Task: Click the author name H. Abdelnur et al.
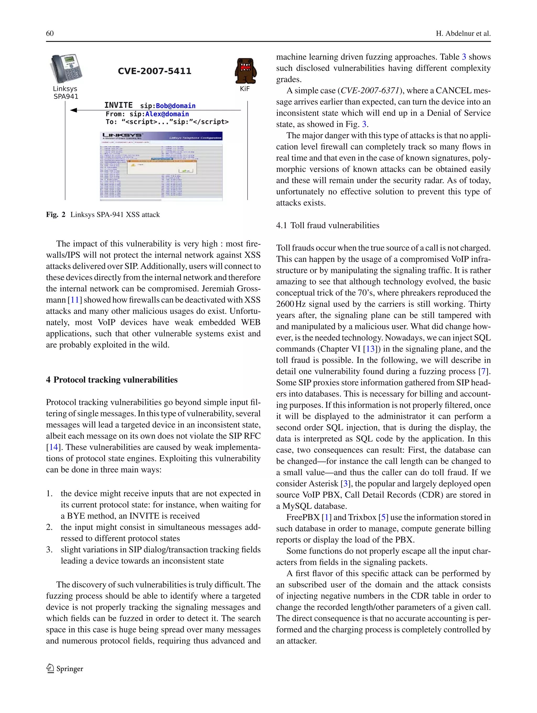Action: click(463, 34)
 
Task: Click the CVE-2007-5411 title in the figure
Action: click(154, 71)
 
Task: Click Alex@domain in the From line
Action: click(167, 114)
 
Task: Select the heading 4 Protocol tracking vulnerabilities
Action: click(112, 380)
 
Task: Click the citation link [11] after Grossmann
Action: click(74, 300)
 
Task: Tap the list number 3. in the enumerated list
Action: click(49, 549)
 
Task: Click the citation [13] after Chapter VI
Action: click(370, 349)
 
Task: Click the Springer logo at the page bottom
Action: click(65, 668)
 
